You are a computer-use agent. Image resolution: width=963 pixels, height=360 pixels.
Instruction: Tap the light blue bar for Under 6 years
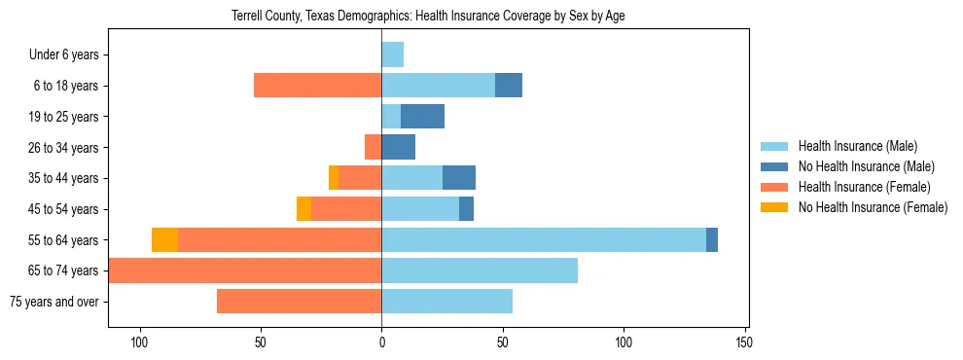(x=392, y=54)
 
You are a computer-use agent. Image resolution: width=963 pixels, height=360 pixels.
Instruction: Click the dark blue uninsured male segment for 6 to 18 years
(x=509, y=86)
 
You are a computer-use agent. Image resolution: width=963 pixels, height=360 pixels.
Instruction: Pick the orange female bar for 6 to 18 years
(x=317, y=86)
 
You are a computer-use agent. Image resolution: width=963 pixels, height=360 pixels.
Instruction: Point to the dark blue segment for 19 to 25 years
(x=422, y=117)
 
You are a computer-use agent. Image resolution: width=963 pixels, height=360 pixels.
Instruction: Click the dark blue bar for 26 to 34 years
(x=398, y=147)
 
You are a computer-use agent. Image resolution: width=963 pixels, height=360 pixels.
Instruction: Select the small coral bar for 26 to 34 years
(x=373, y=147)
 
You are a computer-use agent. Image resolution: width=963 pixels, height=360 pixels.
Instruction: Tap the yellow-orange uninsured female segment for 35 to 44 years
(x=334, y=178)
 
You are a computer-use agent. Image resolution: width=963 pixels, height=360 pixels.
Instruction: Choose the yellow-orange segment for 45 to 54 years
(x=303, y=209)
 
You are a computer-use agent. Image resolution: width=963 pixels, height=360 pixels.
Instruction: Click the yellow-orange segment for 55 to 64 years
(x=164, y=239)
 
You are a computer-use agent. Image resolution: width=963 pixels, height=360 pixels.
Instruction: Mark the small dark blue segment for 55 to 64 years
(x=712, y=239)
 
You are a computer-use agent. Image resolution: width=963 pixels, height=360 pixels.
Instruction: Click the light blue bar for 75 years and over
(x=446, y=302)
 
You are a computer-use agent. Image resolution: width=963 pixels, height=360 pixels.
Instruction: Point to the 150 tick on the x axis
(x=744, y=342)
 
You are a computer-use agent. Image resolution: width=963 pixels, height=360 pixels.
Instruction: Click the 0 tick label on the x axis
(x=381, y=342)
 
